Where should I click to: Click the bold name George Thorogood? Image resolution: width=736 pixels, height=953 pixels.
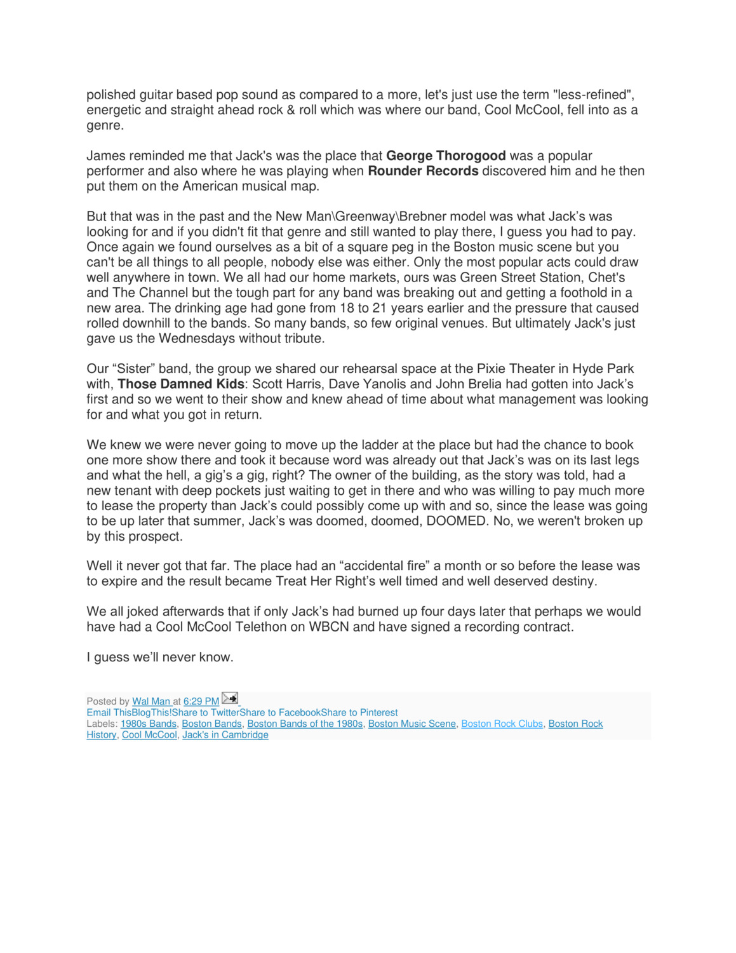tap(446, 156)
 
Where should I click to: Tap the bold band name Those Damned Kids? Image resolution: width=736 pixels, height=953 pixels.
tap(181, 384)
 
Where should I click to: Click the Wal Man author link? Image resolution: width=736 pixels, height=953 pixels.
tap(151, 701)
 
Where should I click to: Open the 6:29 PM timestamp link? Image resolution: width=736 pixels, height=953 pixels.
tap(201, 701)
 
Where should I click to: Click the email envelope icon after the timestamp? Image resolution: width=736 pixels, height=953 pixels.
tap(229, 698)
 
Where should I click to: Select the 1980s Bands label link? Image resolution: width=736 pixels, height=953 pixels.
tap(149, 724)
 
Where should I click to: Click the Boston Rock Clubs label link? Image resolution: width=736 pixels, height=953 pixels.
tap(502, 724)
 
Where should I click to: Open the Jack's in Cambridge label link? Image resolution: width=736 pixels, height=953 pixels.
tap(225, 735)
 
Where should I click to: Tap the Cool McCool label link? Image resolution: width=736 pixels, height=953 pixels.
tap(149, 735)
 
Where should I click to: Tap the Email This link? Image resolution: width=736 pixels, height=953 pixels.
tap(109, 713)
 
